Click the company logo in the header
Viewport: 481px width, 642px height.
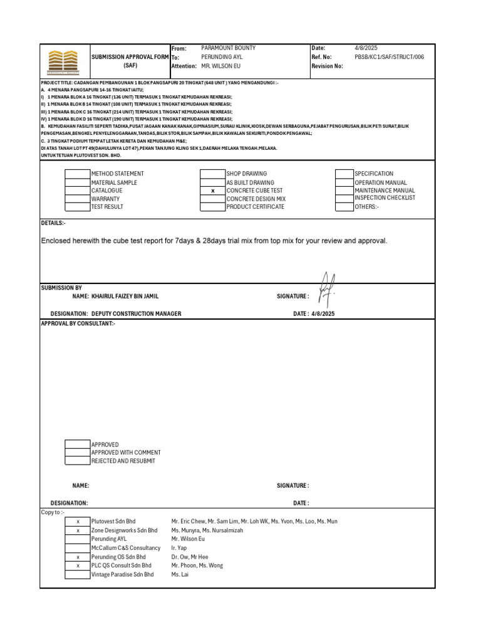[x=65, y=61]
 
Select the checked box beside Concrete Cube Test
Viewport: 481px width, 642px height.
[x=212, y=191]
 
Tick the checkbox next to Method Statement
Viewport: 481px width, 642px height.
[x=78, y=174]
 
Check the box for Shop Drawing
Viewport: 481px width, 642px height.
[x=212, y=174]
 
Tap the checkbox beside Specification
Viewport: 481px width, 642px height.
[x=344, y=174]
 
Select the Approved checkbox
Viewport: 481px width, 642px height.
[x=78, y=445]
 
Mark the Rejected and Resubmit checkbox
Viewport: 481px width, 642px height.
[x=78, y=461]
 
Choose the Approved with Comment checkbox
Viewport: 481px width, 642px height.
[x=78, y=453]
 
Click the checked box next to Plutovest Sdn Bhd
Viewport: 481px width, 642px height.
[x=78, y=522]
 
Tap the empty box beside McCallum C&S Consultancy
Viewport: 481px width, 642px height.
[x=78, y=548]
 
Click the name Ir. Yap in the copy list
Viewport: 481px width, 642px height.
[x=179, y=548]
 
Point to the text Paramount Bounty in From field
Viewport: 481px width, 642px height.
[x=228, y=48]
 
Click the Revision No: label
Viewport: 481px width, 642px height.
[x=327, y=66]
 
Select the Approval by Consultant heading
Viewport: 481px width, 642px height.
[x=78, y=324]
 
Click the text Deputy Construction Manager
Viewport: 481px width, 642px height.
[x=136, y=313]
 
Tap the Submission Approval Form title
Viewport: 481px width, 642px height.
[x=130, y=56]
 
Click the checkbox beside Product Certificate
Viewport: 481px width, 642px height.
[x=212, y=207]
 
